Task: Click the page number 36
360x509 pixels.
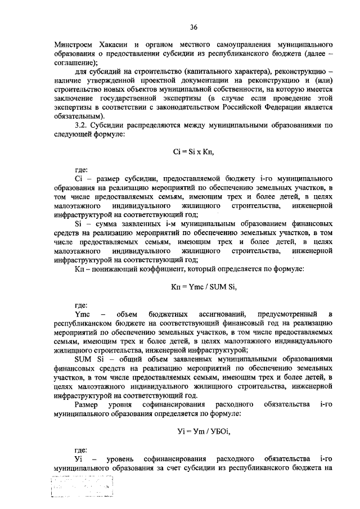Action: pyautogui.click(x=193, y=26)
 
